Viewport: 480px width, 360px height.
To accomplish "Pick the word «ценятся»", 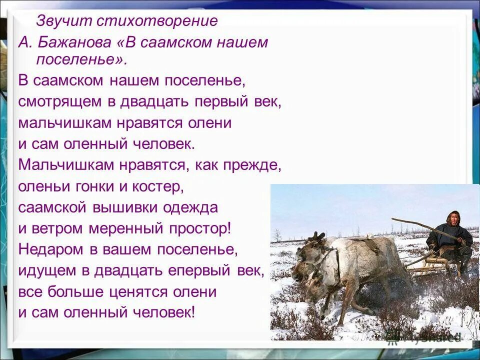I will [142, 291].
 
